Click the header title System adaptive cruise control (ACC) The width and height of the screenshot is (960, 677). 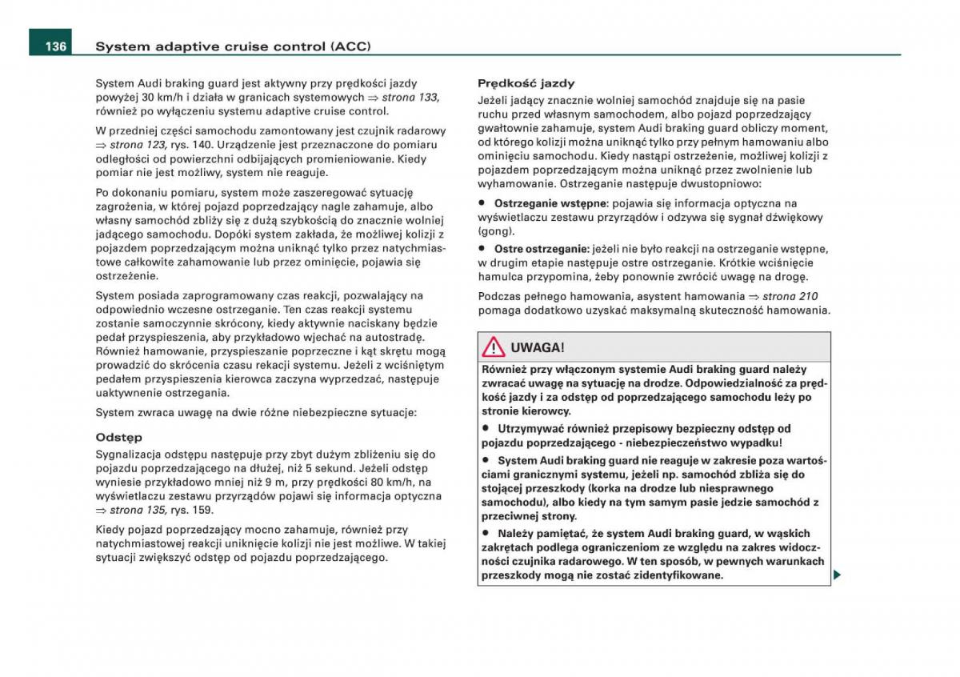[233, 46]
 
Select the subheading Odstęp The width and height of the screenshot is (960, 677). [118, 438]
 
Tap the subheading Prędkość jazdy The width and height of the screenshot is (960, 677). [526, 83]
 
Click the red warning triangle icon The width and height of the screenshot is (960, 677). [493, 347]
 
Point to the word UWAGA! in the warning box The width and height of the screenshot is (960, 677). [537, 347]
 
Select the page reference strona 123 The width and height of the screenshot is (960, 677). [138, 144]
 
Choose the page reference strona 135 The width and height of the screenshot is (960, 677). [138, 510]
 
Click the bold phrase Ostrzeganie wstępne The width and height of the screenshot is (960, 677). [550, 203]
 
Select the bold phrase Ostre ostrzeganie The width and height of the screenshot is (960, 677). [542, 249]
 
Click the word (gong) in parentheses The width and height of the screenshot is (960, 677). [496, 230]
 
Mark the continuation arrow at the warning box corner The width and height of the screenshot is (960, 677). [837, 575]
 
